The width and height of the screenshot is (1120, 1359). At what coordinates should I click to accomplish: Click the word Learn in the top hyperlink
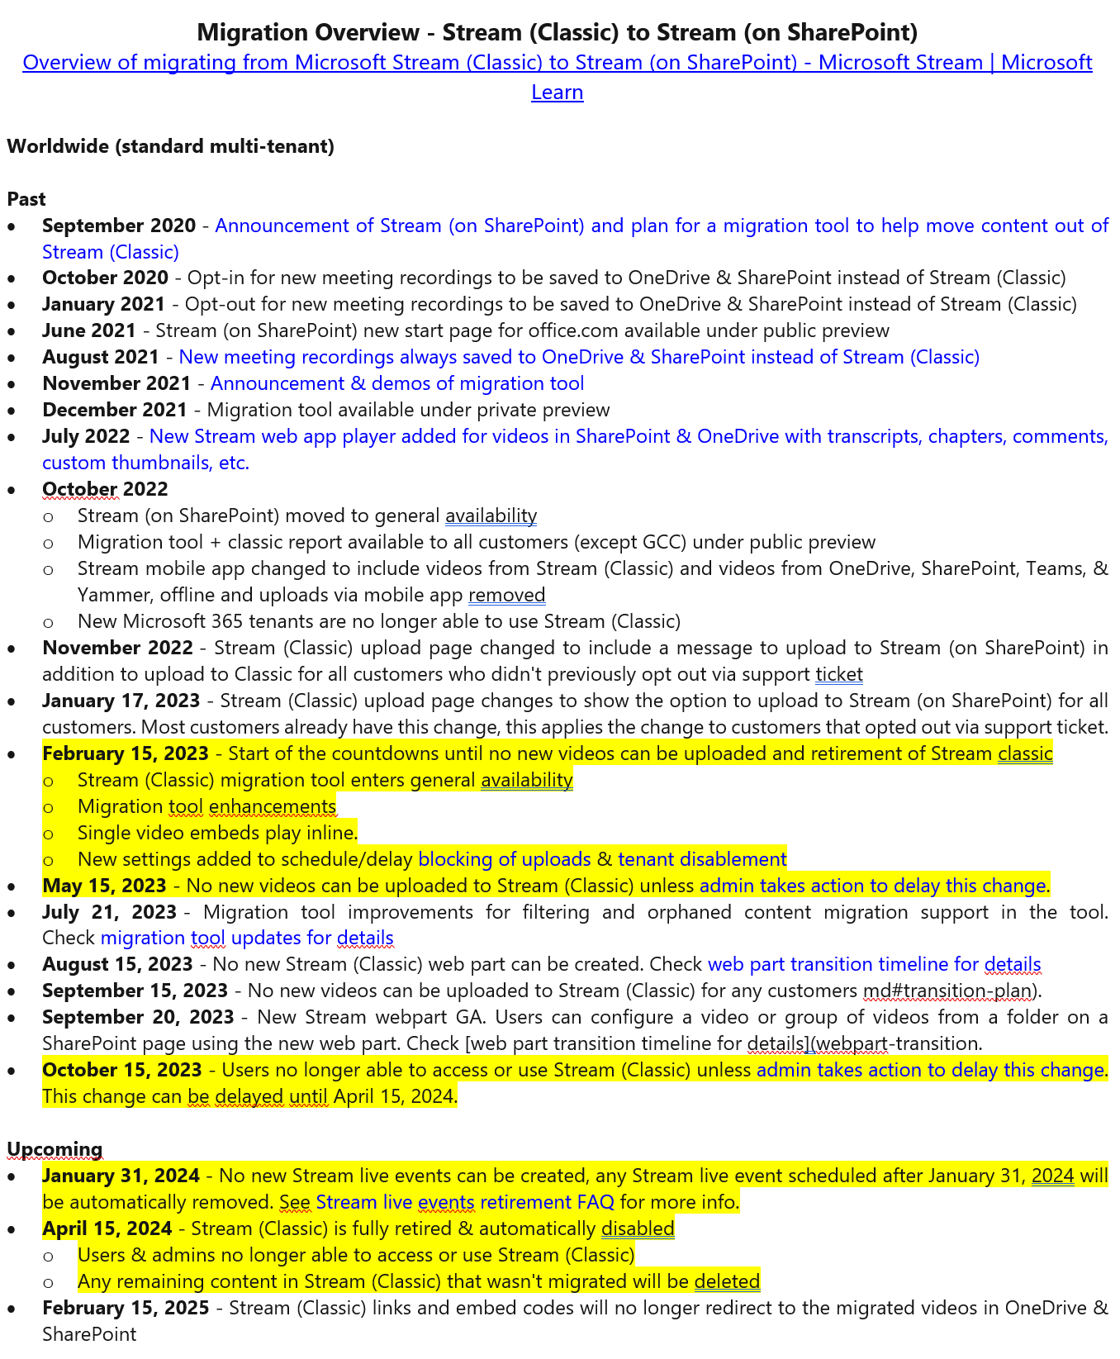pos(557,92)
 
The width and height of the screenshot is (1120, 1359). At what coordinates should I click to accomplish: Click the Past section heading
pos(26,199)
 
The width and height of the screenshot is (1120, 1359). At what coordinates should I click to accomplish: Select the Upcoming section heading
pos(55,1149)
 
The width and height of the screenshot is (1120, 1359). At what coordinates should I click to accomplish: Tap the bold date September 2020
pos(119,226)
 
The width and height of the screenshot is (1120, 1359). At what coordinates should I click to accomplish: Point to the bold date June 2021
pos(89,330)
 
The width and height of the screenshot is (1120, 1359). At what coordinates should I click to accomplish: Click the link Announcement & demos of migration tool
pos(397,383)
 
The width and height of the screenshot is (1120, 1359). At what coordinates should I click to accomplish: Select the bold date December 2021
pos(115,410)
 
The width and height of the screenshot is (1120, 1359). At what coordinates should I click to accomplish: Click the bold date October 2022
pos(105,489)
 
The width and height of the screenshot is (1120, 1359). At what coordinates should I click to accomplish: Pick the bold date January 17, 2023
pos(121,701)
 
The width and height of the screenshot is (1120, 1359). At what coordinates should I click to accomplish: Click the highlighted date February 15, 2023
pos(126,753)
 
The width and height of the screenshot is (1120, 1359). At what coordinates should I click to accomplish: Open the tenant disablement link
pos(702,859)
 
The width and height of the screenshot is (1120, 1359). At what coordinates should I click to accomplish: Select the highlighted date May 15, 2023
pos(104,886)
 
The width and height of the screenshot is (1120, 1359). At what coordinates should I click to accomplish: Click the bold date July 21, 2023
pos(109,912)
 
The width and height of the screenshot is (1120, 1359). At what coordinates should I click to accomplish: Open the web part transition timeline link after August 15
pos(874,964)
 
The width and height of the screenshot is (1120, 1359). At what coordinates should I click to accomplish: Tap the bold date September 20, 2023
pos(138,1017)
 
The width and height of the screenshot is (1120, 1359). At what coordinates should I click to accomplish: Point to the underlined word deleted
pos(727,1281)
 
